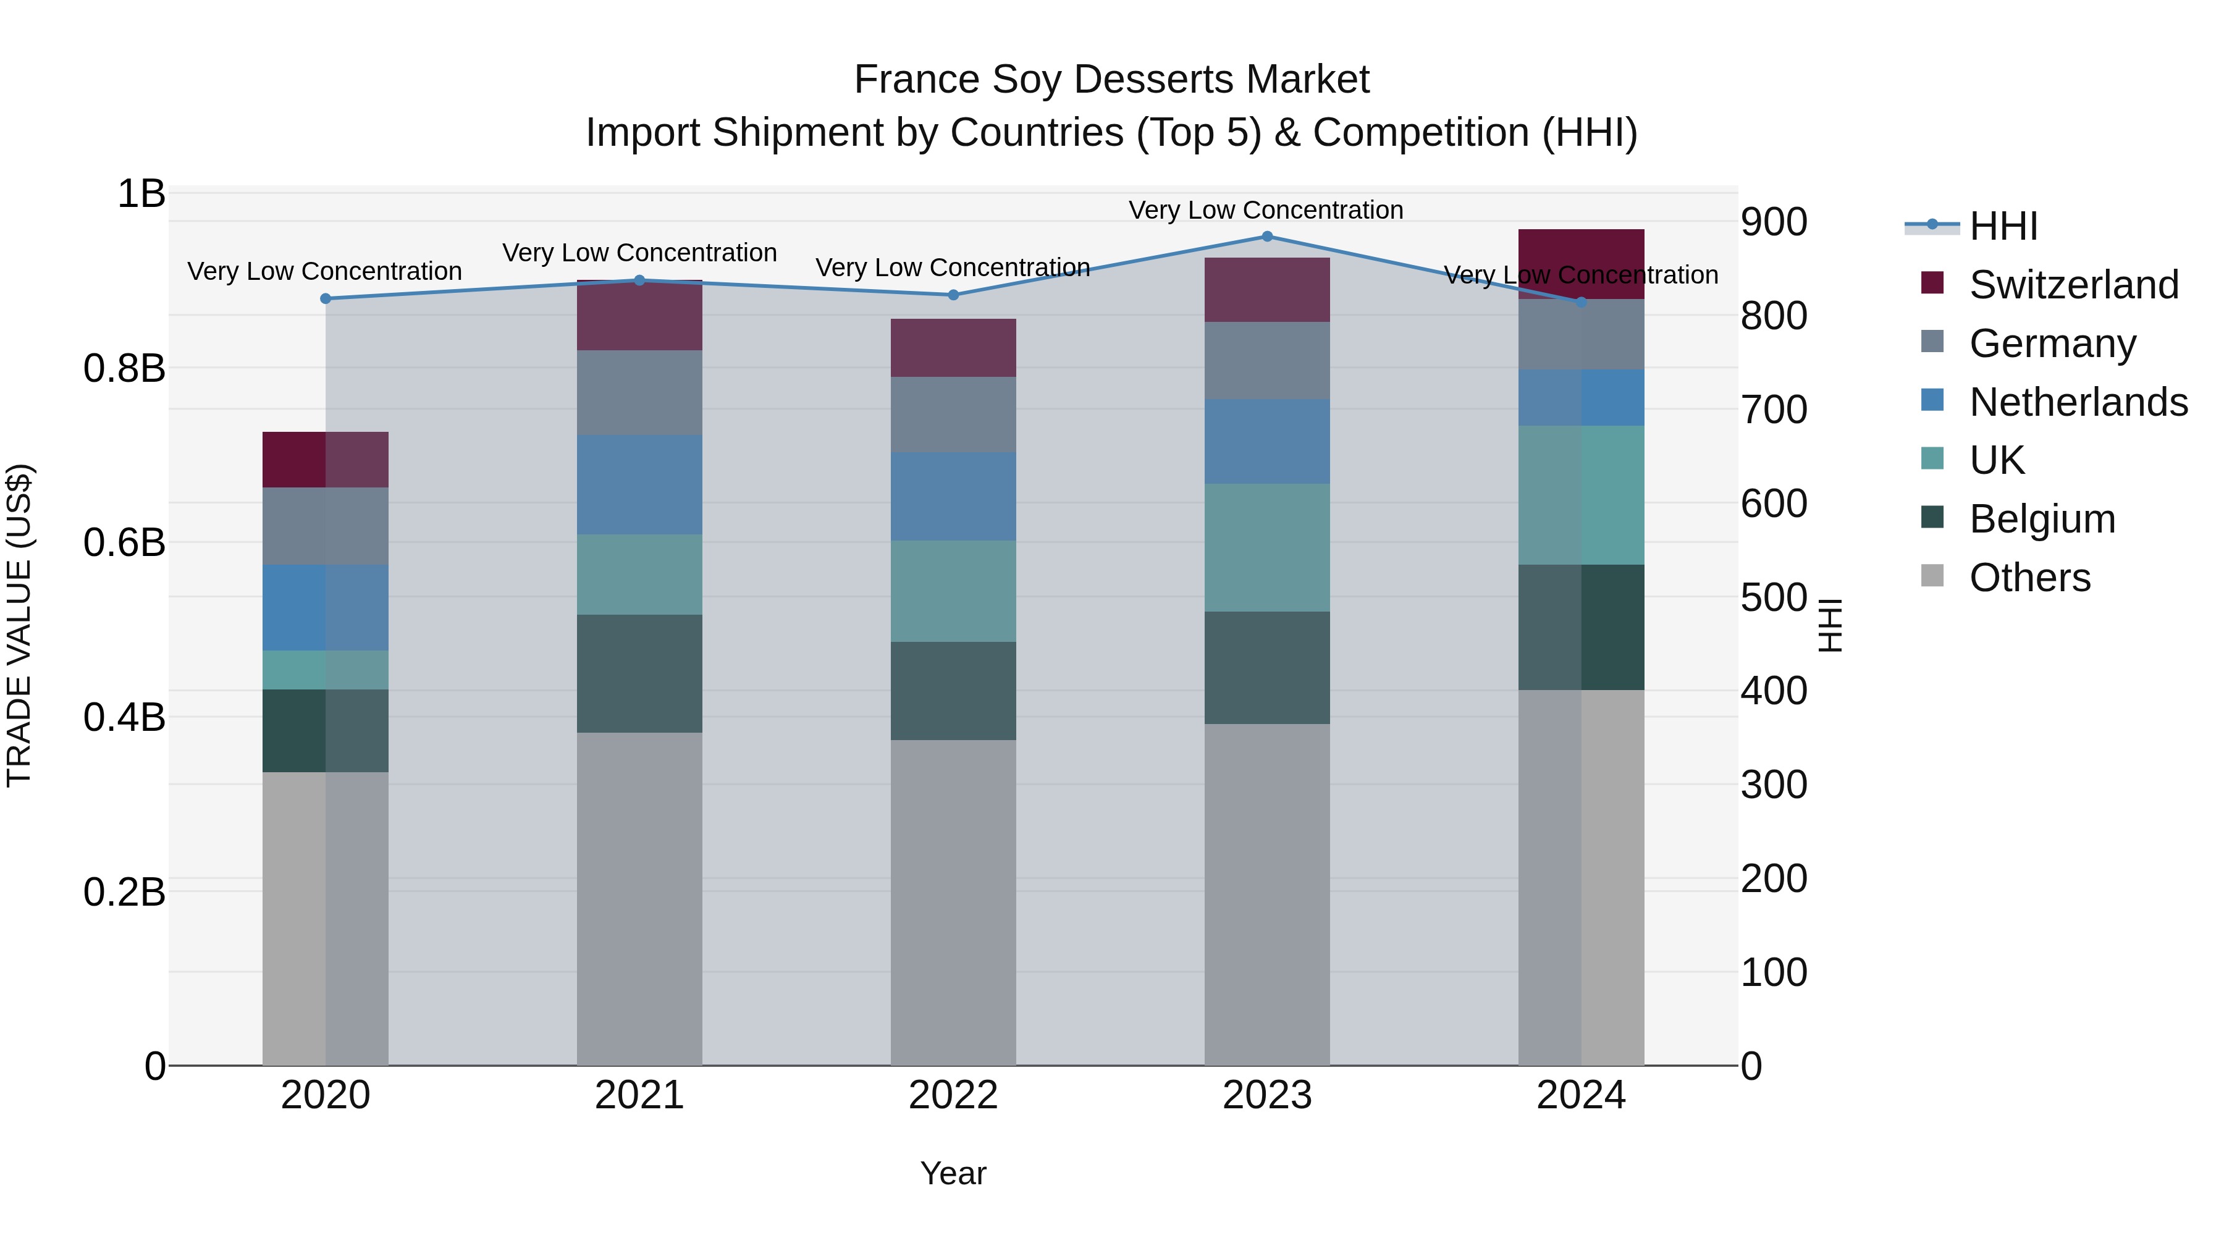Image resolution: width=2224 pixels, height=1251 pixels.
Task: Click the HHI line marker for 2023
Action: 1266,237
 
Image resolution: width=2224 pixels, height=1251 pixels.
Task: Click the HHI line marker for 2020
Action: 326,299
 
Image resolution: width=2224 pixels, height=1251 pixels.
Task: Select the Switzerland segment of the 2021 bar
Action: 639,316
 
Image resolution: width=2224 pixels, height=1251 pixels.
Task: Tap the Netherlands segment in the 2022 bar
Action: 953,497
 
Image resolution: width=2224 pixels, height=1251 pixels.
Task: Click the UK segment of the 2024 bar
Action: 1581,495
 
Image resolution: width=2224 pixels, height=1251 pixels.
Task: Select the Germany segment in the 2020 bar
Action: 326,526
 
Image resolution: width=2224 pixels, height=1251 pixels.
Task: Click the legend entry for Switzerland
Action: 2072,285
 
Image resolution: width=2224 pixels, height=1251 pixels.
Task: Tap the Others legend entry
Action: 2029,578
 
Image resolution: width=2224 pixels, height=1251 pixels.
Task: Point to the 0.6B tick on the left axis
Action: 124,543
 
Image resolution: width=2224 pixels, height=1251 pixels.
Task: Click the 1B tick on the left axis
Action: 141,194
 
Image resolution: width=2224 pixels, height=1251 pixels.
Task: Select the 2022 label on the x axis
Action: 953,1095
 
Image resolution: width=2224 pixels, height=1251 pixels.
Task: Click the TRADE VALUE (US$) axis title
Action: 19,625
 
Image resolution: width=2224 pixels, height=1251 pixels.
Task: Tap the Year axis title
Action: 953,1173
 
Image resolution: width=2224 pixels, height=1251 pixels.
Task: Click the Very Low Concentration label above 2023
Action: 1266,210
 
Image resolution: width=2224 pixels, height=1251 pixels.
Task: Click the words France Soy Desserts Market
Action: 1111,80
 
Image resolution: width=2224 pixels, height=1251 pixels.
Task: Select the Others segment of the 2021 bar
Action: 639,898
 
